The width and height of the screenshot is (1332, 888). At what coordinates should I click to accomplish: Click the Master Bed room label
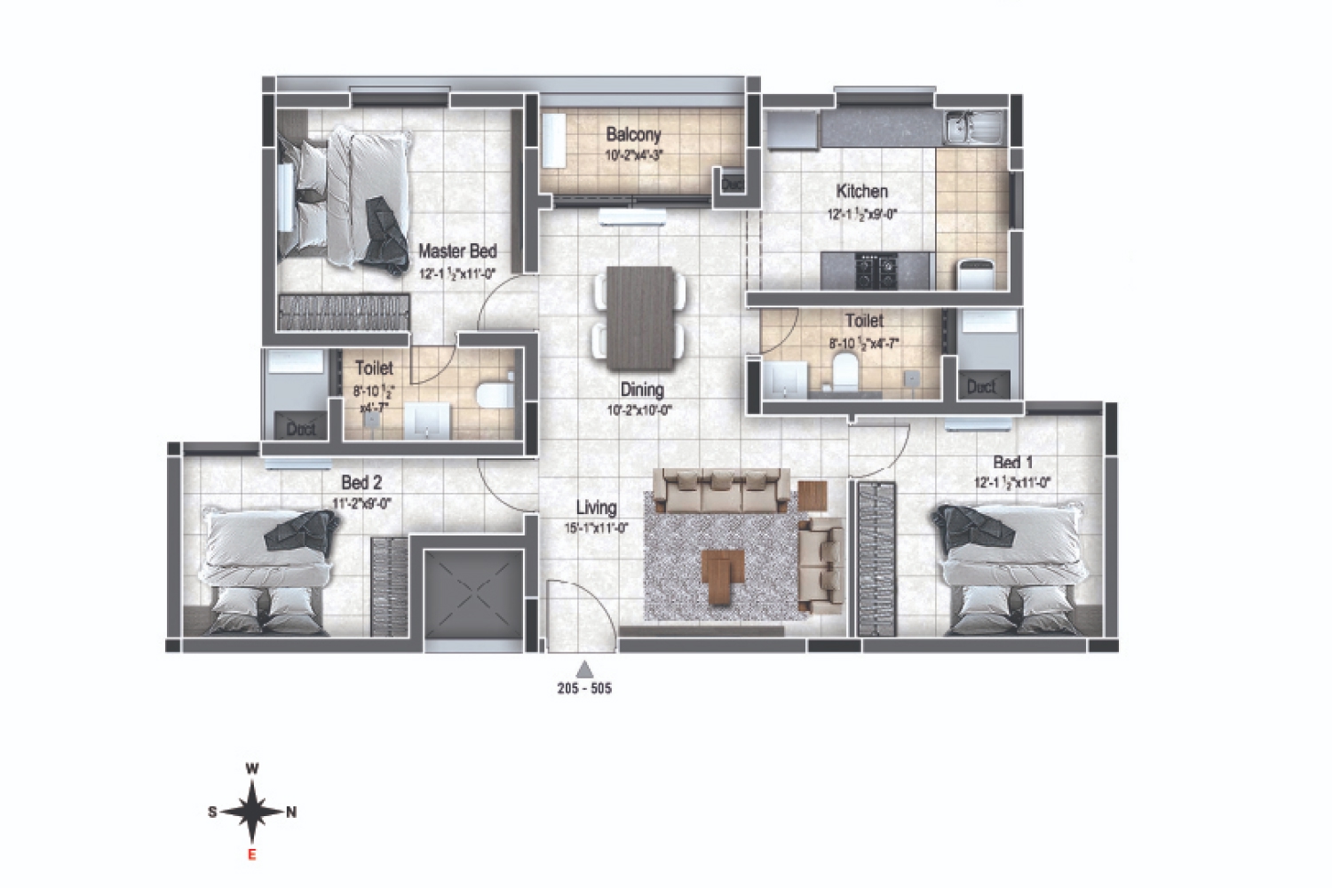tap(457, 251)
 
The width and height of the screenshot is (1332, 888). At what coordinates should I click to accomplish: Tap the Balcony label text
tap(633, 135)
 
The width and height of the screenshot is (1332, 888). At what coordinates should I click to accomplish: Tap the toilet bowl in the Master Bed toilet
tap(493, 392)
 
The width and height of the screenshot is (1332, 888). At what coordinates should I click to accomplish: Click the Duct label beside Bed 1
tap(980, 386)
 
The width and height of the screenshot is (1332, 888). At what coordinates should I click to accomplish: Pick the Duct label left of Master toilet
tap(301, 429)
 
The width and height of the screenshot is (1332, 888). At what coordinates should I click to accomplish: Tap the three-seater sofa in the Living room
tap(721, 491)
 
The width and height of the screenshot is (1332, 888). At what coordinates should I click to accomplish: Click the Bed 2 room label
tap(361, 483)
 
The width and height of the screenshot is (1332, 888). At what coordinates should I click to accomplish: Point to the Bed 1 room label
tap(1012, 462)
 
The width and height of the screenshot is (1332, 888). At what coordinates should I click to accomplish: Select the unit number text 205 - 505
tap(584, 689)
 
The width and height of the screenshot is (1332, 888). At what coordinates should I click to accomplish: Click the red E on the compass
tap(252, 855)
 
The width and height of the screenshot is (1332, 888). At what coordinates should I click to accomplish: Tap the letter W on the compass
tap(252, 769)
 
